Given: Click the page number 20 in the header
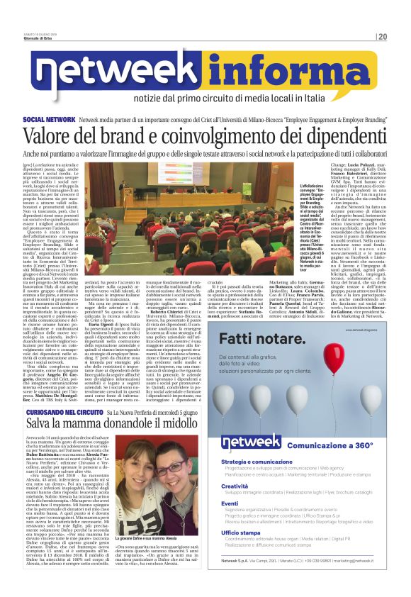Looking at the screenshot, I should click(x=381, y=36).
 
